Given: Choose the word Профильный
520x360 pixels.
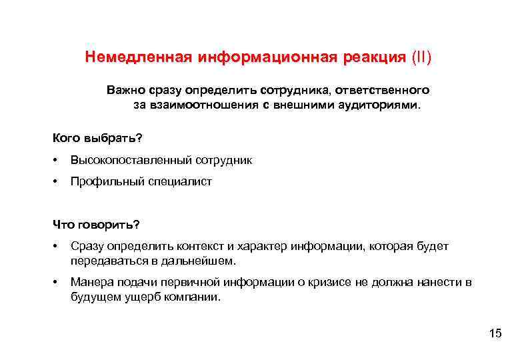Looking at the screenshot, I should click(104, 181).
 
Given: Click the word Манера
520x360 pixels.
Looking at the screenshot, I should click(89, 282).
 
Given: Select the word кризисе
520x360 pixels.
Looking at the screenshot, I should click(327, 282).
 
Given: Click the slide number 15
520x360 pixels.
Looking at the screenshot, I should click(495, 333).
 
